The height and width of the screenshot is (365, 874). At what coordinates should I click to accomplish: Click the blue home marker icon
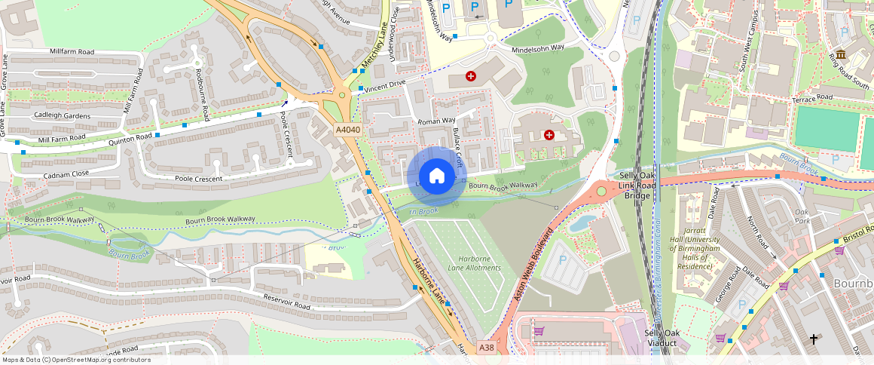click(x=436, y=176)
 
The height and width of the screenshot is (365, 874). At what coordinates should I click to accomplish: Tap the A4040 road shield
click(x=348, y=130)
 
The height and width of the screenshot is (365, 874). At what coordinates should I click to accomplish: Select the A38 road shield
click(x=487, y=348)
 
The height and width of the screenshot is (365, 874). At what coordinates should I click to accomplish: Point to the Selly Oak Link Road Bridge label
click(x=637, y=185)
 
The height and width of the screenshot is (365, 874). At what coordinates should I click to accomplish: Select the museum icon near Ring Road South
click(x=840, y=55)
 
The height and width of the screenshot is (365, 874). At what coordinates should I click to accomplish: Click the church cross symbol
click(x=814, y=340)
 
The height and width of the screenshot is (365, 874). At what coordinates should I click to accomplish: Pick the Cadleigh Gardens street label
click(x=63, y=116)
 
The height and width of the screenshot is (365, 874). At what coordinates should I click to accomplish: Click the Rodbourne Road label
click(x=201, y=94)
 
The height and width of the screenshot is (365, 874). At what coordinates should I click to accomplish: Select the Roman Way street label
click(x=437, y=121)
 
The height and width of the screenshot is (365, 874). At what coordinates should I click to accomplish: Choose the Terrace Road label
click(x=811, y=98)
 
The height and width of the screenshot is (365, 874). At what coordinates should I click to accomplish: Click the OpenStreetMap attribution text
click(x=76, y=360)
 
